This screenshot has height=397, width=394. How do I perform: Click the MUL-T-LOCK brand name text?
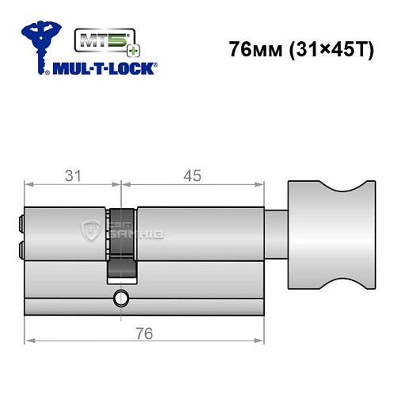(103, 68)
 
